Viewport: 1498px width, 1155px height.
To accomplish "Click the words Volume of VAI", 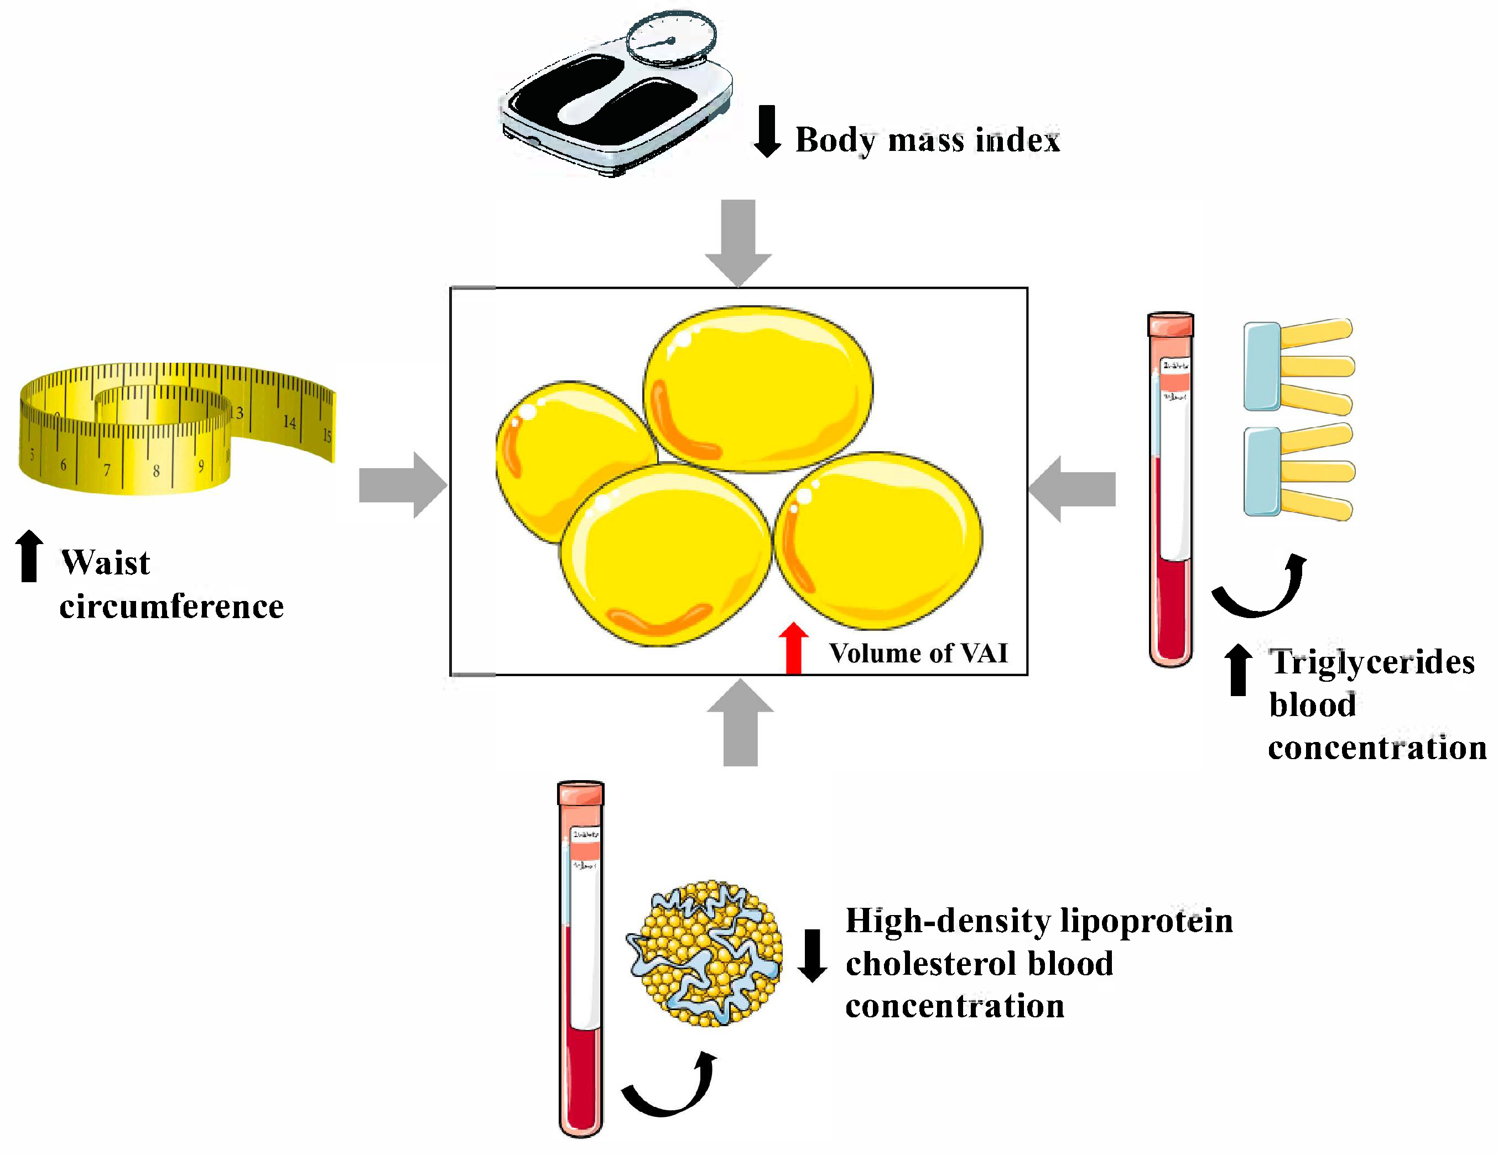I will click(918, 653).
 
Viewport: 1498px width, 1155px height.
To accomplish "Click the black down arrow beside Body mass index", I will click(767, 131).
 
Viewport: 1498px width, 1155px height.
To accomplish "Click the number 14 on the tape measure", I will click(290, 422).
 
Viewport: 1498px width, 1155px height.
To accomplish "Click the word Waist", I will click(106, 563).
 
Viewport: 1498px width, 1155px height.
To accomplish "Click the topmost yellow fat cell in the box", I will click(758, 389).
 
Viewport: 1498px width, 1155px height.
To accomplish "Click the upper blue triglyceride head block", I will click(1262, 366).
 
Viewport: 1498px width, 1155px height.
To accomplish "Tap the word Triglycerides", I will click(1372, 663).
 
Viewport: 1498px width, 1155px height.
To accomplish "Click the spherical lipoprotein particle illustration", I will click(704, 954).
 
